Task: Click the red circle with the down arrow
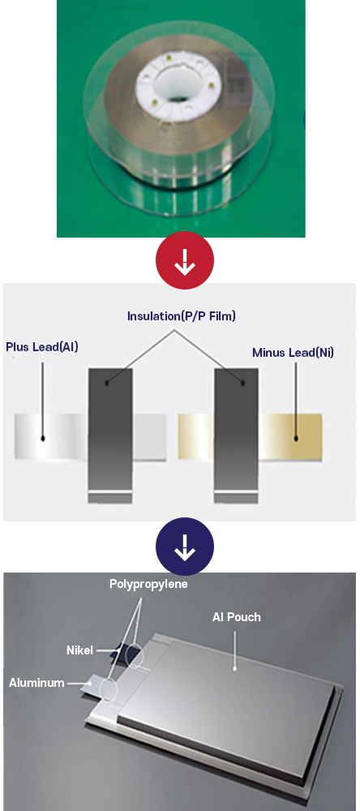[185, 261]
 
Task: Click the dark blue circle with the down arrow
[185, 547]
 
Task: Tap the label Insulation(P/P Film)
[181, 316]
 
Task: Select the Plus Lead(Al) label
[42, 346]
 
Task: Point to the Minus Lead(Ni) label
[293, 353]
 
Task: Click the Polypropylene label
[148, 584]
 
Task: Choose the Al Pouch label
[237, 617]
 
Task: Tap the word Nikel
[79, 650]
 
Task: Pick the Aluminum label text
[36, 683]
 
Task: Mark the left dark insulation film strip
[110, 435]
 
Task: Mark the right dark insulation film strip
[236, 435]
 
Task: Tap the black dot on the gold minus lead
[296, 438]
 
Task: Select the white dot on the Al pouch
[234, 668]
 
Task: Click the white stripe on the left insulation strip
[110, 491]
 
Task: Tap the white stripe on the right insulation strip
[236, 491]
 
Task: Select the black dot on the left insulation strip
[106, 384]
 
